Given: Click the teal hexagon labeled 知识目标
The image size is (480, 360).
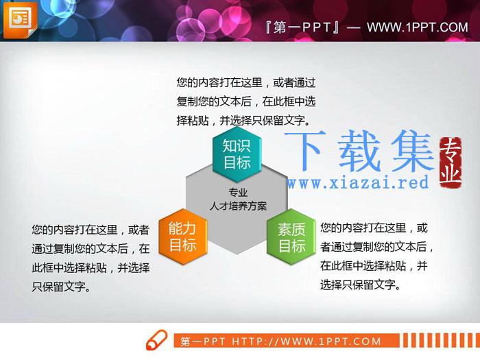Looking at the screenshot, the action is (x=237, y=154).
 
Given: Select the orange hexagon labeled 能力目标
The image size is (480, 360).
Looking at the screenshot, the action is (x=183, y=237).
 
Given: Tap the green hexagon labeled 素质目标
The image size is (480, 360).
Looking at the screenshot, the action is (x=291, y=237).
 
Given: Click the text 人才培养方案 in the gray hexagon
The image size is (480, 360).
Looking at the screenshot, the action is (x=238, y=206).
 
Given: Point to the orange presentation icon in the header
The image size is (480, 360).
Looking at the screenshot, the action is (x=20, y=20).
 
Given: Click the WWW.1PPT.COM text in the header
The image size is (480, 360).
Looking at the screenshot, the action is (x=418, y=27).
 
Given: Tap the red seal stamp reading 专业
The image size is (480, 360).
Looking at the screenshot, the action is (x=450, y=162).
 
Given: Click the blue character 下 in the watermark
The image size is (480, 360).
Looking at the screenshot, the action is (x=304, y=151).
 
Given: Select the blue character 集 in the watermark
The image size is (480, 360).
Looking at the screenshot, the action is (x=413, y=151).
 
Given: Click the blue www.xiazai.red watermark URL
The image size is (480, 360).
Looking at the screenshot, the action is (x=357, y=183).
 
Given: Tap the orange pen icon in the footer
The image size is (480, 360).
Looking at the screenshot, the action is (x=157, y=340).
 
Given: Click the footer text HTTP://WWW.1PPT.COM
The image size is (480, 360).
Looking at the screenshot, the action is (x=307, y=341).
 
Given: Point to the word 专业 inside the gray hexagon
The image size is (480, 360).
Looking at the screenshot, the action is (x=238, y=192).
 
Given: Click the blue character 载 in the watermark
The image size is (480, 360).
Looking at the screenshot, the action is (x=359, y=151).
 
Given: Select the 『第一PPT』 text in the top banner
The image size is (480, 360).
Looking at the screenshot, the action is (x=302, y=27).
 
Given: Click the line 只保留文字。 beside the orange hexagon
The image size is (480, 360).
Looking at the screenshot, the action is (x=61, y=287).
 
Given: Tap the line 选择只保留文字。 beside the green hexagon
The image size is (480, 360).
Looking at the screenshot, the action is (x=360, y=285).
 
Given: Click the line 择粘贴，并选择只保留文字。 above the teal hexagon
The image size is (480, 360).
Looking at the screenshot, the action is (x=243, y=120).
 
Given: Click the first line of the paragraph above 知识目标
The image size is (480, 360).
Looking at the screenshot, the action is (x=245, y=82).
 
